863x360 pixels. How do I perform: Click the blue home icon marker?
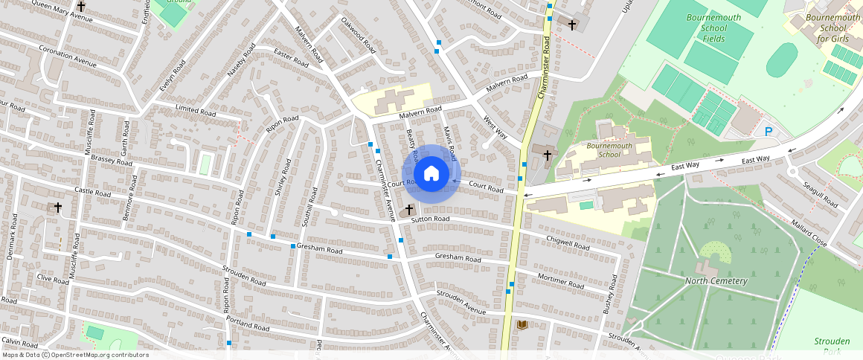(431, 174)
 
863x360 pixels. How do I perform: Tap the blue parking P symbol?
(769, 132)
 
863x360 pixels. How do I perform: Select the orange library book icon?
(522, 325)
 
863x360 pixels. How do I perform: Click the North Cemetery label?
(716, 280)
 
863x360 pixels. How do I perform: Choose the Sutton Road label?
(431, 219)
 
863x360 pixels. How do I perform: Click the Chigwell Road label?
(568, 243)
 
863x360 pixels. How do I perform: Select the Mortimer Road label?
(560, 280)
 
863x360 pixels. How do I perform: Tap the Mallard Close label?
(809, 233)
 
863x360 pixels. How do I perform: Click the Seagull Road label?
(820, 193)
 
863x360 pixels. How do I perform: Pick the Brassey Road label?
(110, 161)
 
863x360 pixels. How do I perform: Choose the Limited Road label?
(195, 111)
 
